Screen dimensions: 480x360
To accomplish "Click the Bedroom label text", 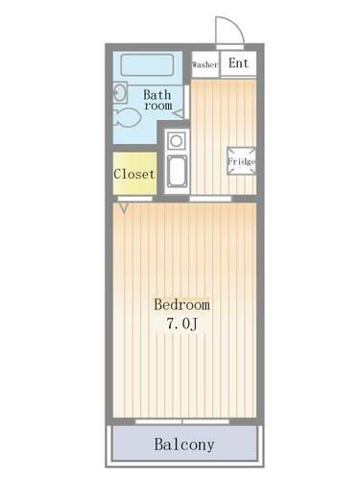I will tap(181, 305).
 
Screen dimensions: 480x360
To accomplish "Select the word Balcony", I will tap(184, 444).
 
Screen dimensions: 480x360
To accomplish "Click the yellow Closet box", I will tap(134, 174).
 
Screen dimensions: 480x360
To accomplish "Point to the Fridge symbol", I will tap(240, 160).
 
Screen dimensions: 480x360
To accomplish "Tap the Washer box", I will tap(205, 65).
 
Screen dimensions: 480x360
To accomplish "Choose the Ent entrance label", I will tap(239, 64).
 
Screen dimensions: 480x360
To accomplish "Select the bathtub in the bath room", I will tap(148, 66).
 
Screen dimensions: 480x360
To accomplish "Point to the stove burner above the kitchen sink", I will tap(176, 141).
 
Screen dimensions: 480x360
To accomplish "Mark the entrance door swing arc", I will tap(227, 31).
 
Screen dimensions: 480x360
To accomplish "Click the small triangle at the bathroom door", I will tap(179, 113).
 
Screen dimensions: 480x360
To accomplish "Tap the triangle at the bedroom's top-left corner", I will tap(122, 205).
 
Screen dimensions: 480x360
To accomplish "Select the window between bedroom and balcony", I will tap(184, 420).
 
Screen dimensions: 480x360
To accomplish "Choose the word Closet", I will tap(134, 174).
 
